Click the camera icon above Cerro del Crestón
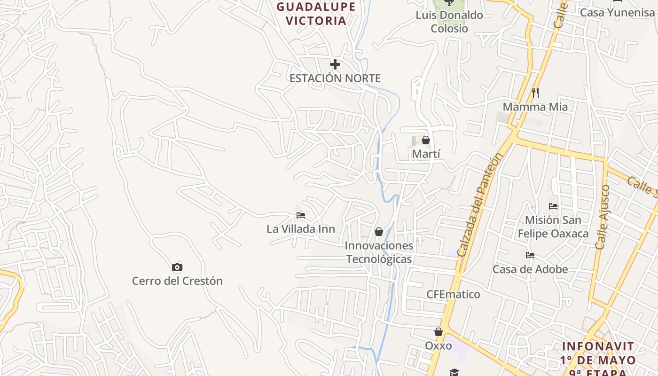tap(177, 267)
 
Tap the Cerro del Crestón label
tap(177, 281)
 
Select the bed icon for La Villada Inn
tap(301, 215)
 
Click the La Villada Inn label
tap(301, 229)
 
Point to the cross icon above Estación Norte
tap(335, 64)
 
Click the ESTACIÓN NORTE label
tap(335, 78)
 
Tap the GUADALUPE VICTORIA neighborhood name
tap(316, 14)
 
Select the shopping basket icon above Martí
tap(426, 140)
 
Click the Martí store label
tap(426, 154)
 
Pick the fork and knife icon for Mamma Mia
tap(535, 93)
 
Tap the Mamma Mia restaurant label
tap(535, 107)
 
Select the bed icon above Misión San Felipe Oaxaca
tap(553, 206)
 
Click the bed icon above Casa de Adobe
tap(530, 255)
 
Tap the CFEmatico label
tap(453, 295)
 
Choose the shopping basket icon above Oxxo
tap(439, 332)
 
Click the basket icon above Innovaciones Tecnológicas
tap(379, 232)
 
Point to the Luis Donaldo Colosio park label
tap(449, 22)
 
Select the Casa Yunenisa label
tap(617, 13)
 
